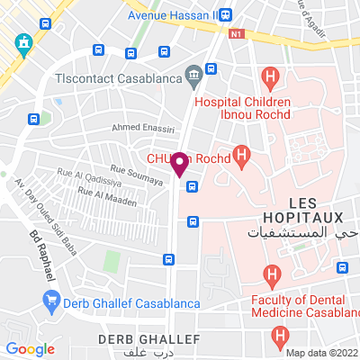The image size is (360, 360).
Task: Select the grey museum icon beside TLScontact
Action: pyautogui.click(x=192, y=76)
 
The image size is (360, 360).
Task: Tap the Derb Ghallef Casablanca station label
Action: pyautogui.click(x=132, y=301)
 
